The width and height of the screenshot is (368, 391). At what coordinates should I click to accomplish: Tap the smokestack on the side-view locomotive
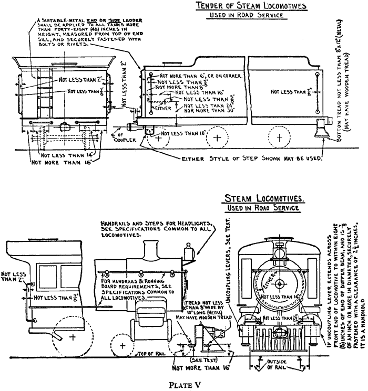(151, 249)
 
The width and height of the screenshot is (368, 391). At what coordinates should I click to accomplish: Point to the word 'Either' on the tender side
(158, 108)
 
